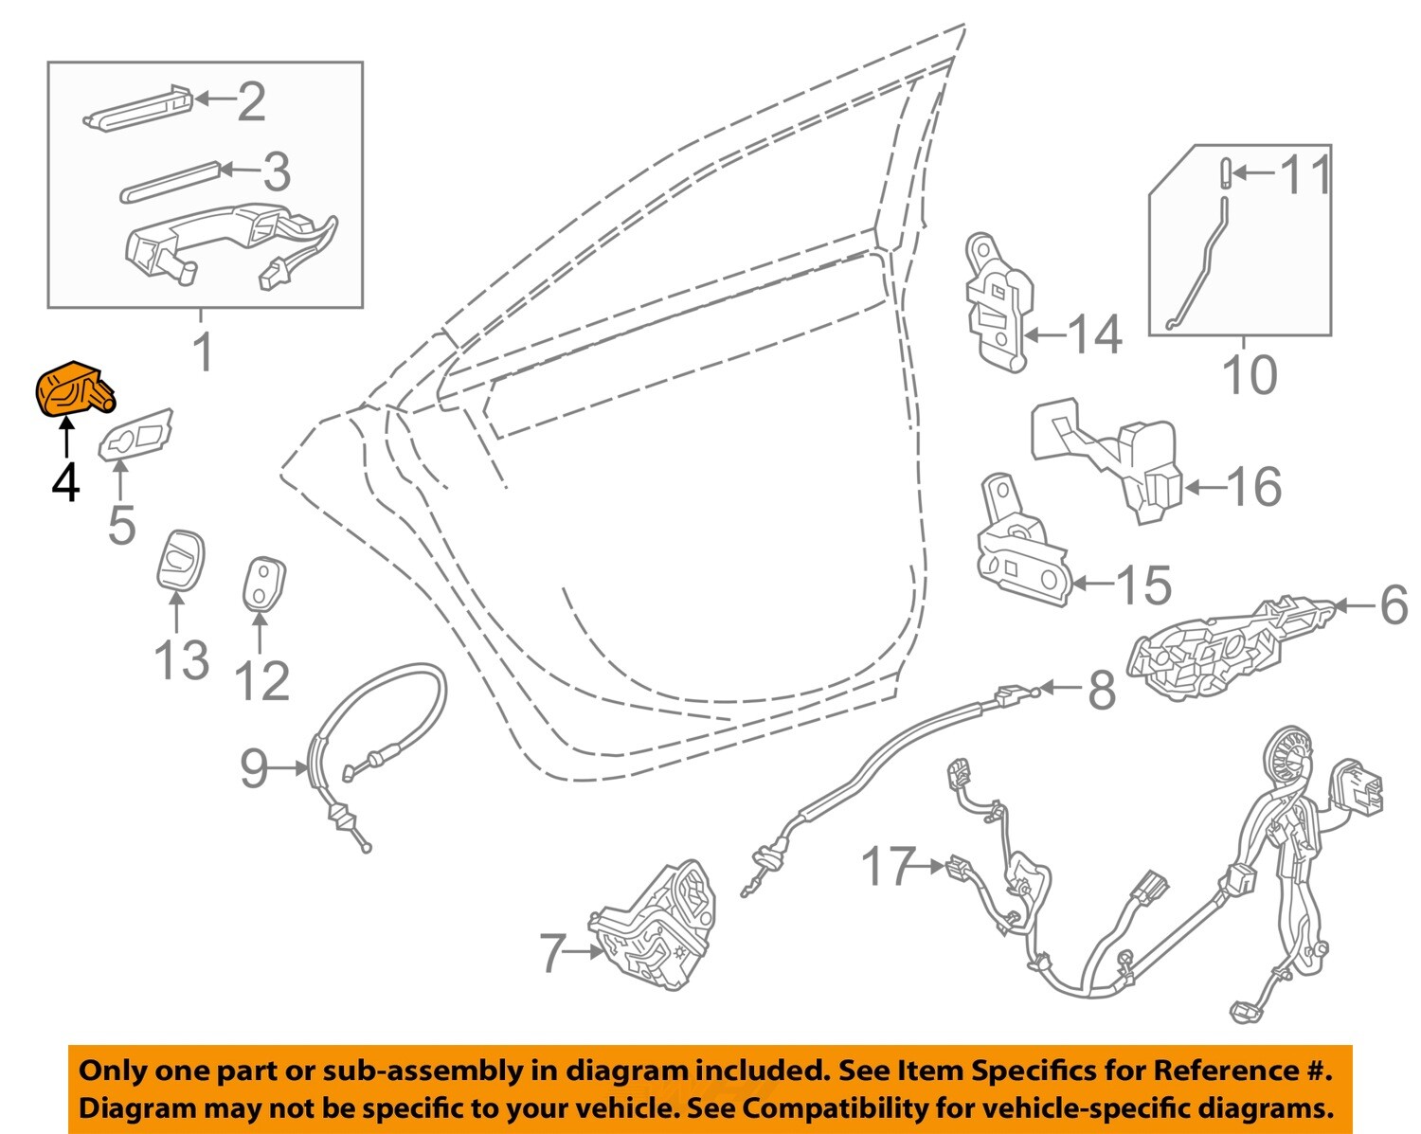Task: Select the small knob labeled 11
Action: pos(1223,172)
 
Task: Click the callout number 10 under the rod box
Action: pos(1250,374)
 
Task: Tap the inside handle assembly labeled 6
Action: pos(1213,649)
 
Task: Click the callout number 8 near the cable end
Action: pos(1101,691)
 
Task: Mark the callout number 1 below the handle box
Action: pos(204,351)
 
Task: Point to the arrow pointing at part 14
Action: pos(1044,334)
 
